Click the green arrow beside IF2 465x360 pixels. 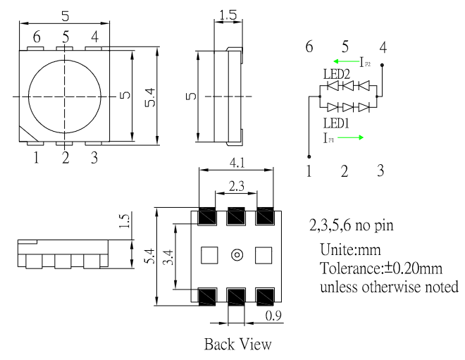pyautogui.click(x=341, y=62)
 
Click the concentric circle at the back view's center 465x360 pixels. pyautogui.click(x=236, y=254)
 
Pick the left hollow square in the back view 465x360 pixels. pyautogui.click(x=209, y=254)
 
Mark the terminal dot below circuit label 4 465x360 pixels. pyautogui.click(x=383, y=63)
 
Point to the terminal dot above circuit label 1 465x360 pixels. pyautogui.click(x=309, y=156)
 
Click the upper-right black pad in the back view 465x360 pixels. pyautogui.click(x=264, y=216)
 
